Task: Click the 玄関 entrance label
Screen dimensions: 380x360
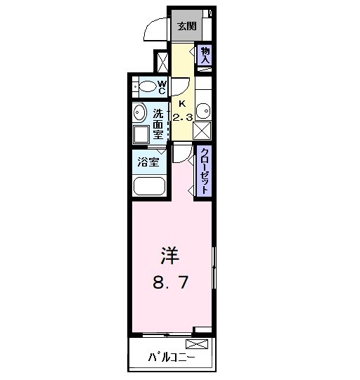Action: (x=186, y=27)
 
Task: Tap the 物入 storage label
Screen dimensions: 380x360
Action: (x=205, y=55)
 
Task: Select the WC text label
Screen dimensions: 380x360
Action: (x=161, y=87)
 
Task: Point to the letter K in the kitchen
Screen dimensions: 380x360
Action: (x=182, y=103)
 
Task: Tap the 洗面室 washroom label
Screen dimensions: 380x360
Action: (x=158, y=124)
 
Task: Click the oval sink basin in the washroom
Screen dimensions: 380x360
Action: (x=138, y=113)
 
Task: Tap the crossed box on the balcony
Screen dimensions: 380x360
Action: (x=196, y=344)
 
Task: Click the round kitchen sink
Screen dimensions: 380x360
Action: (x=203, y=110)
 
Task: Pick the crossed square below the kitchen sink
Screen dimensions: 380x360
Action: (x=203, y=129)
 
